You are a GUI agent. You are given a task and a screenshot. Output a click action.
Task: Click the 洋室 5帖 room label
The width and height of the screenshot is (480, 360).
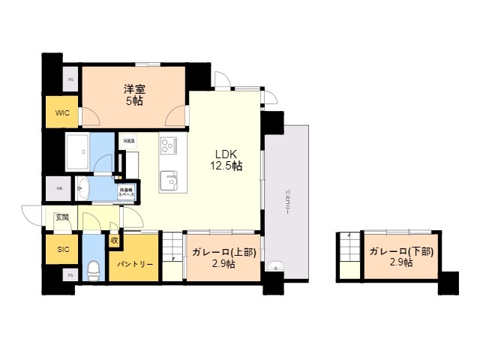[x=135, y=94]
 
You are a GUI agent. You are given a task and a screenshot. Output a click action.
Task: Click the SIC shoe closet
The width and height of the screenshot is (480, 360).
[x=61, y=250]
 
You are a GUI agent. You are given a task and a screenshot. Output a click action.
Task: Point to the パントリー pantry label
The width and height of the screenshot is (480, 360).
[x=135, y=265]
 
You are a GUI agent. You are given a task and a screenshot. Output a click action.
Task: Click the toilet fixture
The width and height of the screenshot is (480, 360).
[x=92, y=267]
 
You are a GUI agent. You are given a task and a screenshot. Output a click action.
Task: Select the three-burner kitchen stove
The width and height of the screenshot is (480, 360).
[x=168, y=145]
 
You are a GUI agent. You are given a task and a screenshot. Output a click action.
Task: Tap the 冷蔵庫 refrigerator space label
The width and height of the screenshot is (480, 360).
[x=128, y=140]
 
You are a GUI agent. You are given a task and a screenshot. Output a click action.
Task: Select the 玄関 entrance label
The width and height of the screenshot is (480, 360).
[x=61, y=217]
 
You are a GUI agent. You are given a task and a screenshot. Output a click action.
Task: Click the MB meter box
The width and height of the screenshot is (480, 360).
[x=58, y=188]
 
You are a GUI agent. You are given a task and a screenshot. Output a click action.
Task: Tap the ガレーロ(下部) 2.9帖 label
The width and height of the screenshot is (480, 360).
[x=400, y=257]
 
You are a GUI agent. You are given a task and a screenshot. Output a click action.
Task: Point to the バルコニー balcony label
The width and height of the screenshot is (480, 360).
[x=287, y=202]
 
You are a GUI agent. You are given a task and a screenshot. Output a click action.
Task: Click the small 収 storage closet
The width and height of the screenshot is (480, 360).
[x=114, y=241]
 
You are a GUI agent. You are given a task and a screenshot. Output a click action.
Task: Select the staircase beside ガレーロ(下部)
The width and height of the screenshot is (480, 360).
[x=349, y=256]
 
